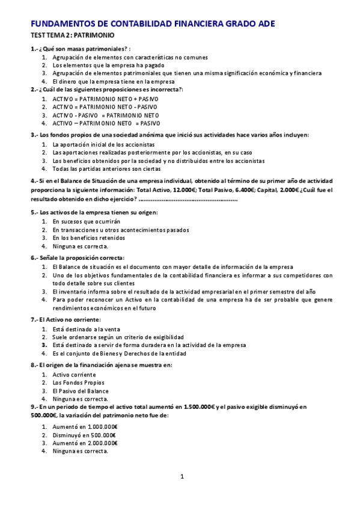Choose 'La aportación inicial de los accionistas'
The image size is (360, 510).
pyautogui.click(x=103, y=145)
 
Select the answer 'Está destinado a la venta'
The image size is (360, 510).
pyautogui.click(x=86, y=329)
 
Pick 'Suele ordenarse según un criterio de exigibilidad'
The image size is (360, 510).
pyautogui.click(x=118, y=337)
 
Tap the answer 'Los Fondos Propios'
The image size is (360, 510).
pyautogui.click(x=78, y=382)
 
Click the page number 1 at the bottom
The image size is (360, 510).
pyautogui.click(x=182, y=477)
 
